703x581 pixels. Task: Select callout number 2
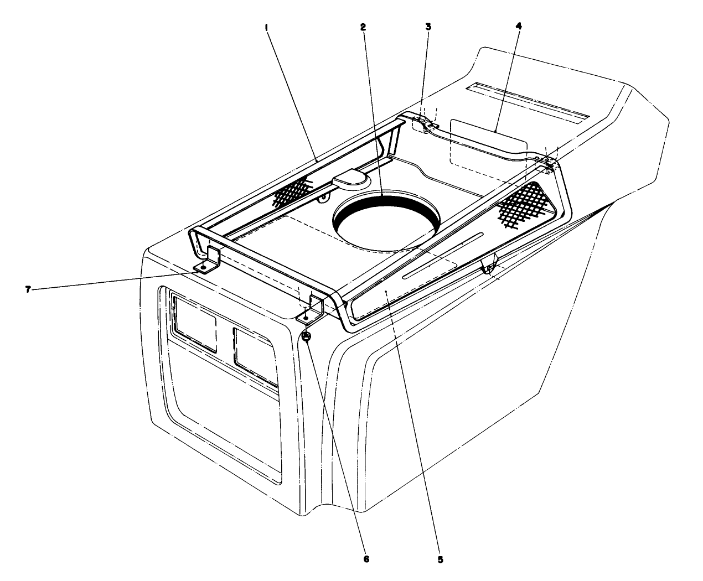click(x=363, y=26)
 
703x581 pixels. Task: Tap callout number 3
click(x=427, y=26)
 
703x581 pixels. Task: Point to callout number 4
click(x=518, y=26)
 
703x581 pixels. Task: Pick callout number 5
click(x=440, y=559)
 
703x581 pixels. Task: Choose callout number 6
click(x=366, y=559)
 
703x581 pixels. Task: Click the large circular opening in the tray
click(x=386, y=224)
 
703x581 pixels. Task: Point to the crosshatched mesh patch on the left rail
click(x=293, y=191)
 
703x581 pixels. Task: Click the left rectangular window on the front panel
click(x=194, y=323)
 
